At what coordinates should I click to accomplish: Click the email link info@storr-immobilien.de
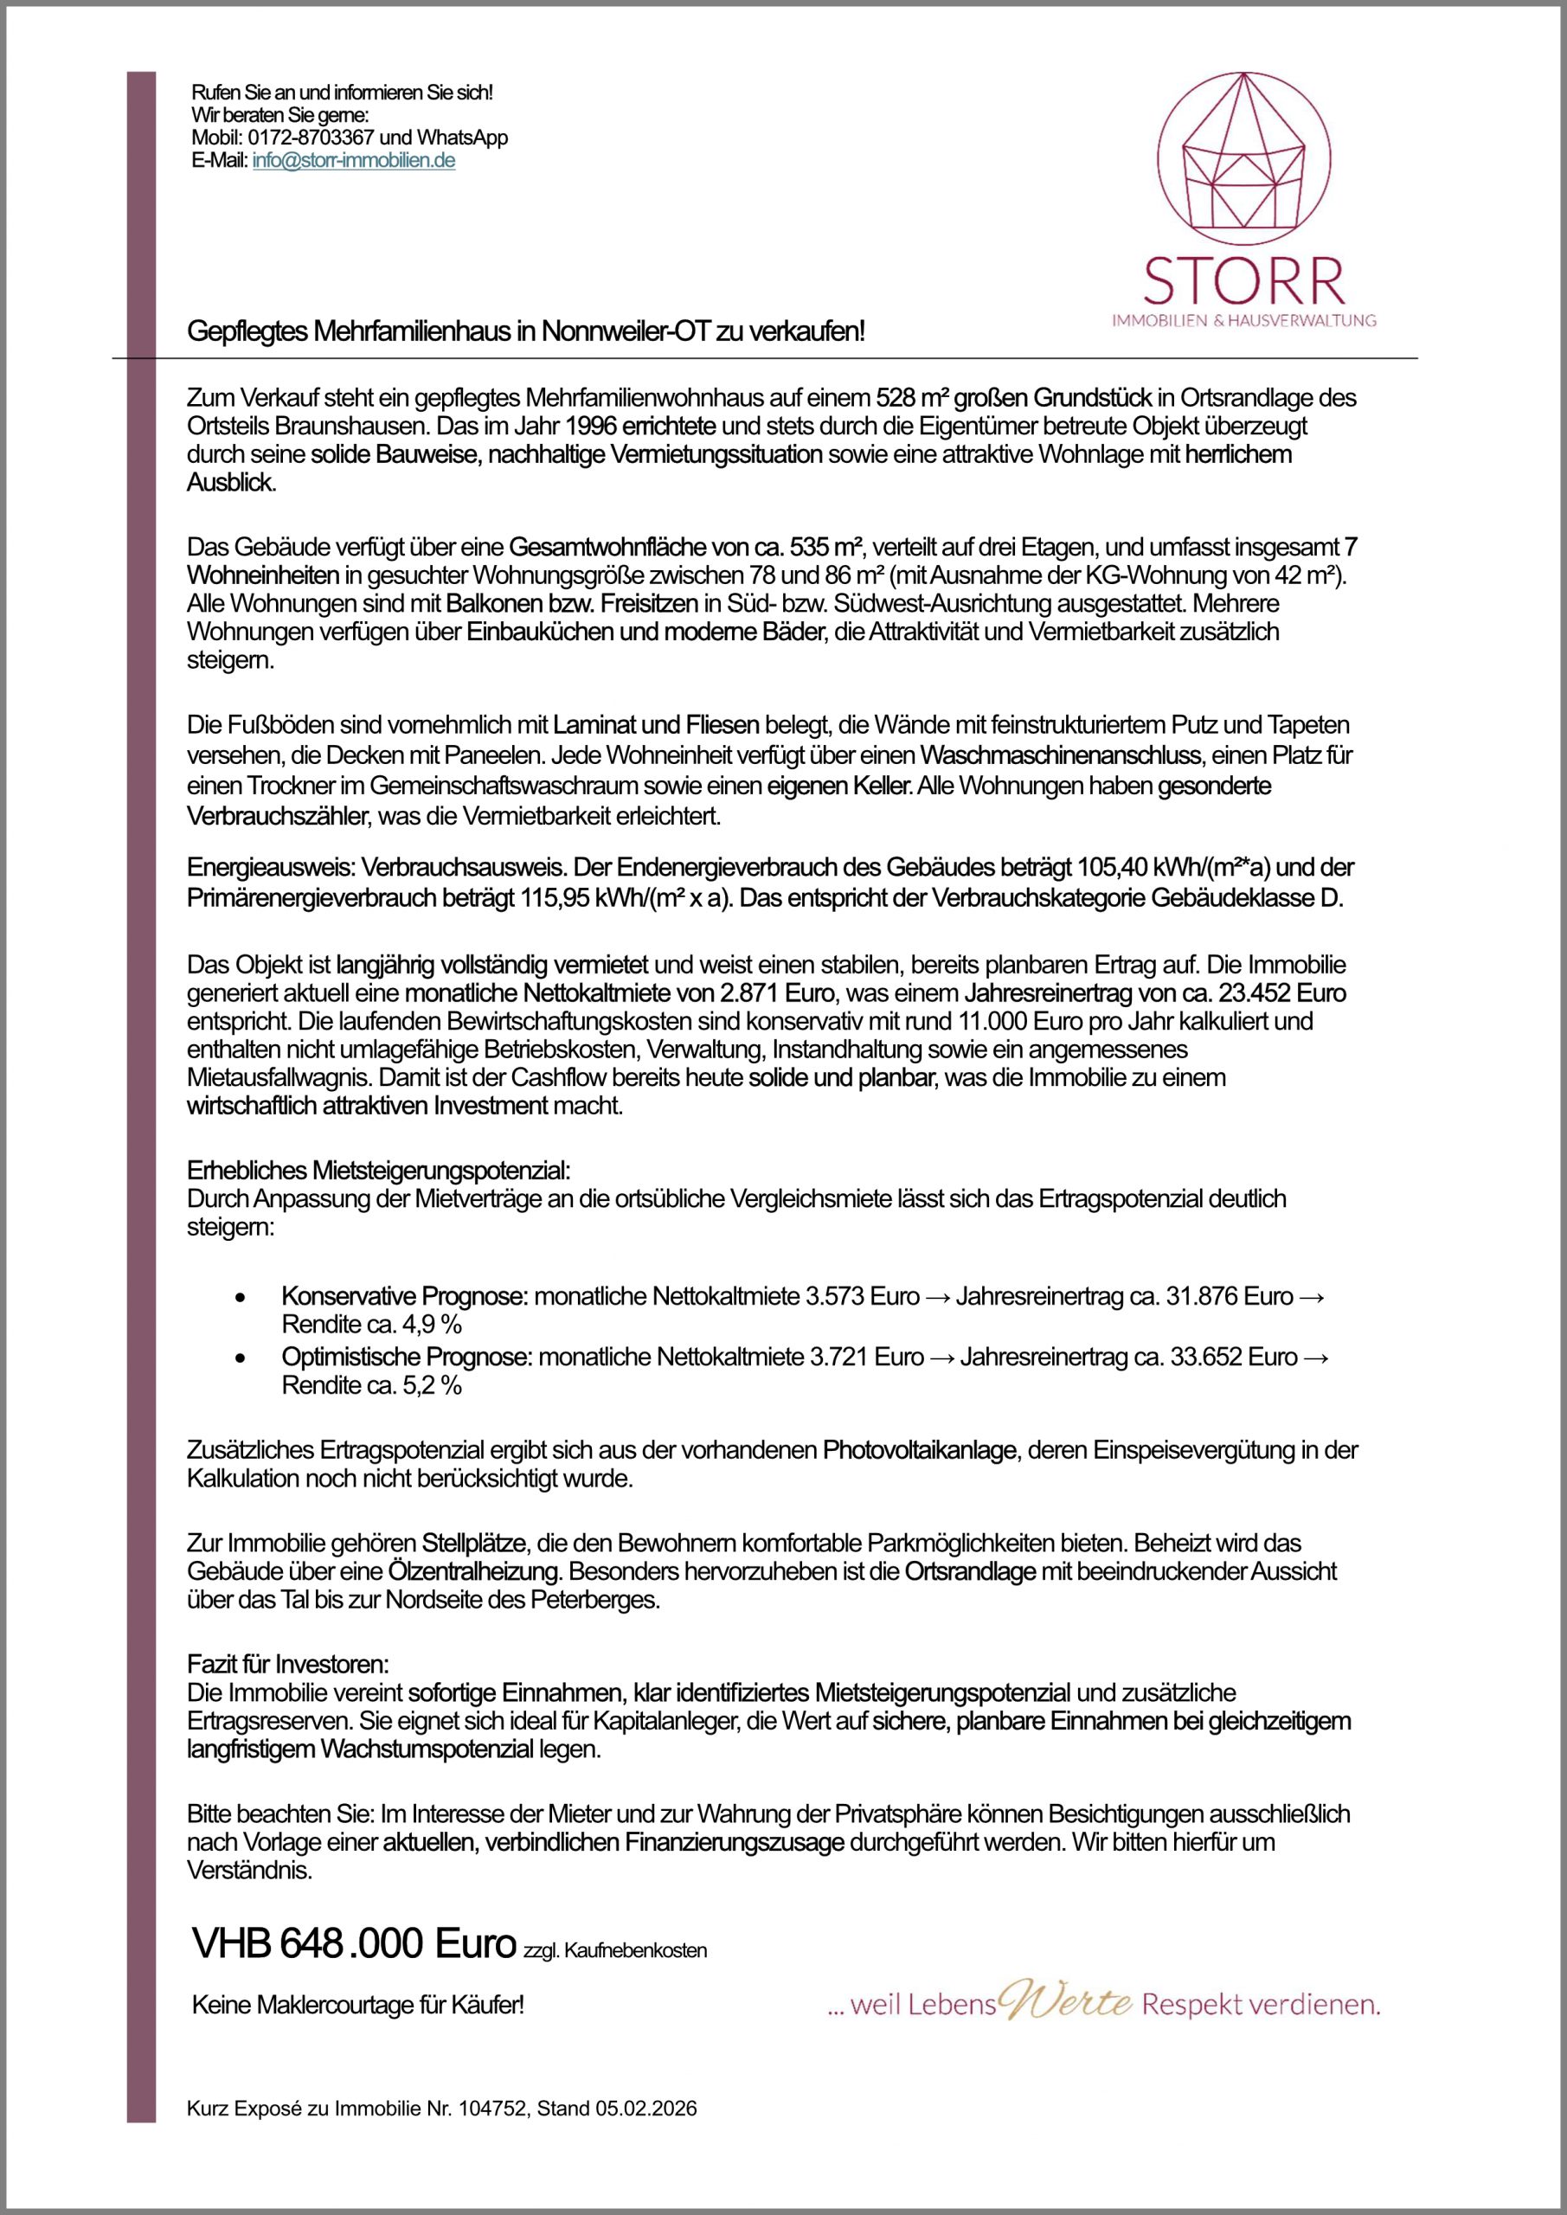(353, 160)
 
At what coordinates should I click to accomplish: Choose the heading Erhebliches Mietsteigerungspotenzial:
(378, 1172)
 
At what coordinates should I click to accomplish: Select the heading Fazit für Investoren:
(286, 1664)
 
